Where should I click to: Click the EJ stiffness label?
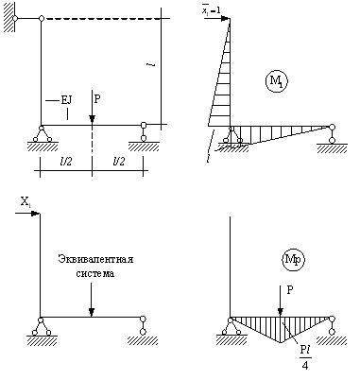tap(66, 100)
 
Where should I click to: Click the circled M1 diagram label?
tap(276, 81)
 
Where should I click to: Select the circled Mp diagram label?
tap(293, 260)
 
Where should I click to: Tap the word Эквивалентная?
tap(95, 259)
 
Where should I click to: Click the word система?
tap(95, 273)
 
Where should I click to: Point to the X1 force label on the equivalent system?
tap(26, 201)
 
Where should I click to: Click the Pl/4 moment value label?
tap(305, 358)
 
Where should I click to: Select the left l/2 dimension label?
tap(66, 162)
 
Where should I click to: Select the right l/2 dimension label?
tap(119, 162)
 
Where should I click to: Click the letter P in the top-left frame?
tap(97, 99)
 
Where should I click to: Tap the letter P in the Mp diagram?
tap(290, 290)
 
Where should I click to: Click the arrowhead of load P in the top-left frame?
tap(92, 119)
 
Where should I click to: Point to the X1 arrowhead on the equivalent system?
tap(35, 214)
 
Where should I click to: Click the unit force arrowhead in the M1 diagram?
tap(226, 18)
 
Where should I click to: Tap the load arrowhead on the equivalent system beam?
tap(92, 312)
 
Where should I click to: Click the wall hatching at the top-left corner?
tap(9, 17)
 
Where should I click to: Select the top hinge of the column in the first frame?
tap(42, 18)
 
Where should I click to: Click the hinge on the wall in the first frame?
tap(15, 18)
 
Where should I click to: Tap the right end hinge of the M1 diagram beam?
tap(332, 128)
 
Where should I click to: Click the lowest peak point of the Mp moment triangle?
tap(281, 342)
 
